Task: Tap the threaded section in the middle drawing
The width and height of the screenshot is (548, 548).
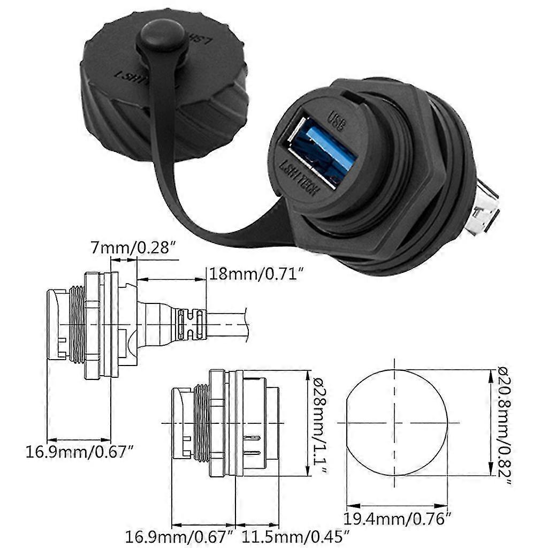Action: [x=200, y=423]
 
